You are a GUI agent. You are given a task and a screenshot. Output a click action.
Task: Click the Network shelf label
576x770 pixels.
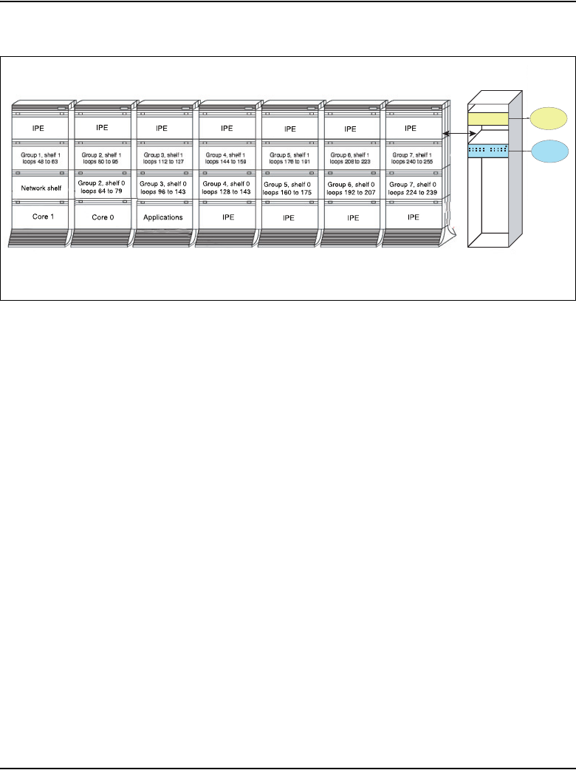click(42, 188)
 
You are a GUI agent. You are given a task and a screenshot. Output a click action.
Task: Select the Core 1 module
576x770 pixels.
click(42, 218)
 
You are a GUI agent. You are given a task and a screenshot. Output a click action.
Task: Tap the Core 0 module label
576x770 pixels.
click(105, 218)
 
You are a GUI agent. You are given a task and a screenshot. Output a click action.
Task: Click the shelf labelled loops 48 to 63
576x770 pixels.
click(42, 157)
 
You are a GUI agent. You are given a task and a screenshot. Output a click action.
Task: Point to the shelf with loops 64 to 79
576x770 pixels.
click(105, 188)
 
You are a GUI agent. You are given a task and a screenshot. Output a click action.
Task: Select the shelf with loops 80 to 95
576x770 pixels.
click(105, 157)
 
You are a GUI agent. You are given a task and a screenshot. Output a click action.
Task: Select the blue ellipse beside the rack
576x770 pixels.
click(549, 151)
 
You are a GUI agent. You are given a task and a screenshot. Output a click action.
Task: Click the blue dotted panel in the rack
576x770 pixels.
click(487, 151)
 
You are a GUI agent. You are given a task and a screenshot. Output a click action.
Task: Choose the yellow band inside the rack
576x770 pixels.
click(487, 119)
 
